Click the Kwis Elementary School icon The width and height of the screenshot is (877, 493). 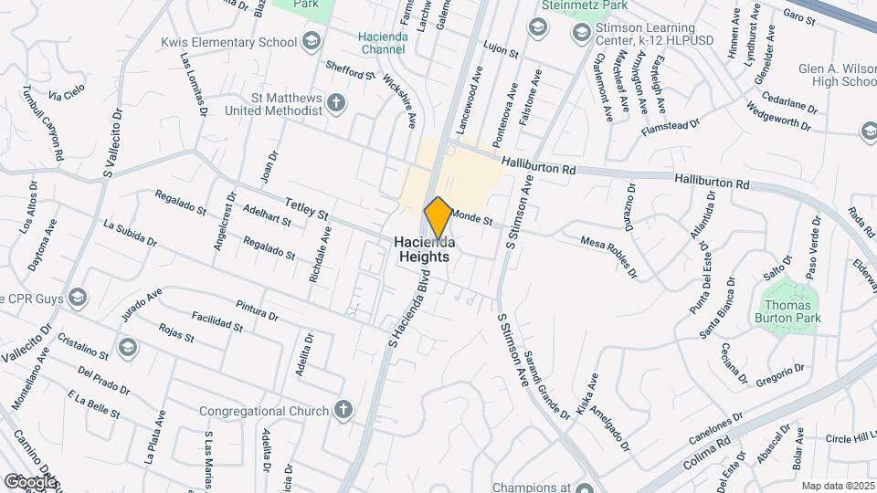click(x=312, y=41)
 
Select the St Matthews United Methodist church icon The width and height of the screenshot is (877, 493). click(x=337, y=101)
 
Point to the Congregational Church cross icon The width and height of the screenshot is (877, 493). click(x=343, y=410)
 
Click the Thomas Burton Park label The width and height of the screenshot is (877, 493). click(x=790, y=311)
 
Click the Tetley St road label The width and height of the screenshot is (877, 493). click(x=306, y=209)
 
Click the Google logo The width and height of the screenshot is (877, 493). click(x=30, y=481)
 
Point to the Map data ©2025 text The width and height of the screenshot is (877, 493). click(x=836, y=486)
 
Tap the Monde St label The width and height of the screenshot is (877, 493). click(x=472, y=216)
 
